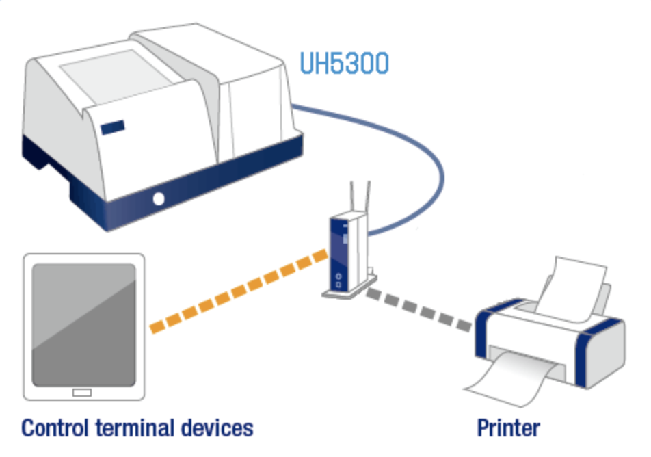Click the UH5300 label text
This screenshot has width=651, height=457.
(344, 63)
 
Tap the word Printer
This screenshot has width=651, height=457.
(507, 429)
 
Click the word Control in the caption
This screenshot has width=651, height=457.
(56, 429)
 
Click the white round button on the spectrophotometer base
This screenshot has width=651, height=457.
(159, 199)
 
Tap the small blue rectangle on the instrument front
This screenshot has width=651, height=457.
(113, 127)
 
